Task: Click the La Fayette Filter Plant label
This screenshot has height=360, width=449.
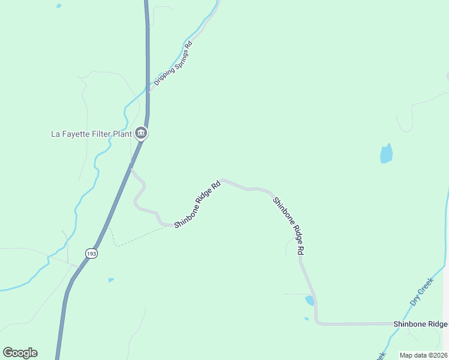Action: tap(91, 134)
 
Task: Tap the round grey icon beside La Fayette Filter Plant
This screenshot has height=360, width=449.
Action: tap(141, 133)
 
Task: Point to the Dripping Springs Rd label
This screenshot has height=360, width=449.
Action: tap(173, 64)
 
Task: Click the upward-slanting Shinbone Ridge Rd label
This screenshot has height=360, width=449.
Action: tap(198, 204)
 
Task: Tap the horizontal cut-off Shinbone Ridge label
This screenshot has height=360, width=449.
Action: tap(420, 324)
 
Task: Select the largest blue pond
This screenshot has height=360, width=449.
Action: tap(386, 154)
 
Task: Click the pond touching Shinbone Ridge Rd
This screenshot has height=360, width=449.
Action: tap(310, 300)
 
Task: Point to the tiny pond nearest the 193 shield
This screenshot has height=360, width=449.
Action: tap(111, 280)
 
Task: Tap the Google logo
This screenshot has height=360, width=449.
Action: tap(20, 353)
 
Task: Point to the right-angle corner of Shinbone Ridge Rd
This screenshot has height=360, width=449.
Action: tap(317, 323)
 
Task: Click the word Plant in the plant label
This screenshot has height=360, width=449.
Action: tap(121, 134)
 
